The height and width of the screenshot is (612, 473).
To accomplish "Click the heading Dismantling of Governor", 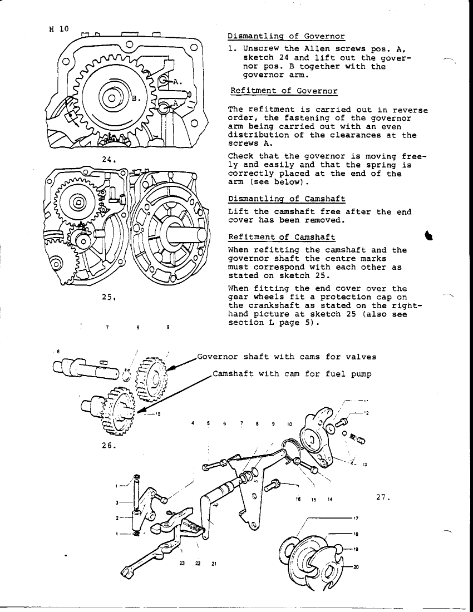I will pyautogui.click(x=286, y=37).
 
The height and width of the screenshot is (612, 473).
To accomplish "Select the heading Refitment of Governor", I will pyautogui.click(x=284, y=91).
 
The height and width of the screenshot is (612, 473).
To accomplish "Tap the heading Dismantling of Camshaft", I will pyautogui.click(x=287, y=199).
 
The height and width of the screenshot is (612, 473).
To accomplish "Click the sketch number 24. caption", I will pyautogui.click(x=109, y=159).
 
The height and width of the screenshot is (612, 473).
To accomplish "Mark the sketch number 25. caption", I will pyautogui.click(x=109, y=297).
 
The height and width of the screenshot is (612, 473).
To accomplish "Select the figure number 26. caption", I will pyautogui.click(x=109, y=445).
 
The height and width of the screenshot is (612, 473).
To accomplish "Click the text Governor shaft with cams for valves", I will pyautogui.click(x=287, y=357).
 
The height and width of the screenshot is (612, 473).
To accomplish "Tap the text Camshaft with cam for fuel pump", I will pyautogui.click(x=292, y=374).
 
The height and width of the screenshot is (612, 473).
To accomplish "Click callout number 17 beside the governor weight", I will pyautogui.click(x=356, y=518).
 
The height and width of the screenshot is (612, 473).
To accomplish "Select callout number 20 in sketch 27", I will pyautogui.click(x=356, y=567).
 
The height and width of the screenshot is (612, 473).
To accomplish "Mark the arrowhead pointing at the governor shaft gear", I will pyautogui.click(x=170, y=368).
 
